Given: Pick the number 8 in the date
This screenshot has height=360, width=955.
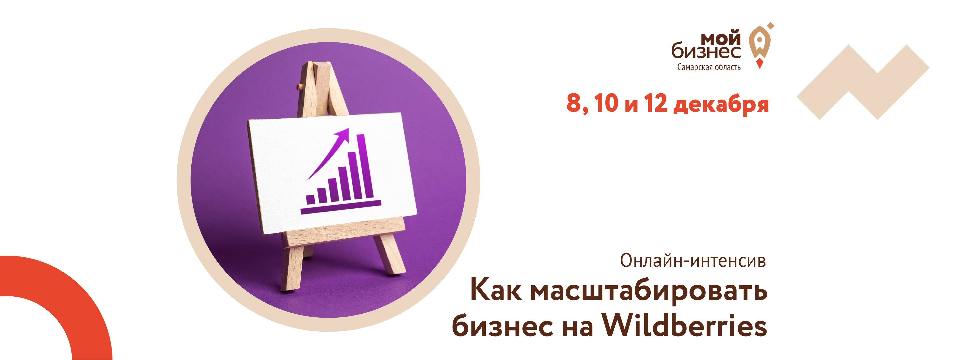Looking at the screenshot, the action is point(574,103).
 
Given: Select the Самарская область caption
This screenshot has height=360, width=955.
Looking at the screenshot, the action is point(709,67).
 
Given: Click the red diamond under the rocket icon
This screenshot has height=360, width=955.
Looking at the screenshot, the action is point(760,63).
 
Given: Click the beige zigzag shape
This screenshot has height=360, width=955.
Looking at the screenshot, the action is point(863,82).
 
